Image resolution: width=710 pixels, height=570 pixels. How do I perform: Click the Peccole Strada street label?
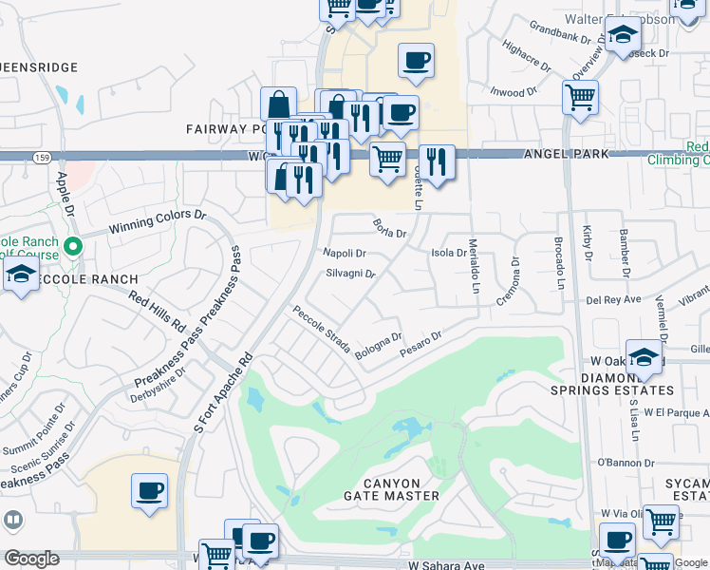(322, 329)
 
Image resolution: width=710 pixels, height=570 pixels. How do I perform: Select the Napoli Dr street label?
(345, 254)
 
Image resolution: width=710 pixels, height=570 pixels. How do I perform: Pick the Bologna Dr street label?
(379, 345)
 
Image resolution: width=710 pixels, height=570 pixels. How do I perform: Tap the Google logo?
(31, 559)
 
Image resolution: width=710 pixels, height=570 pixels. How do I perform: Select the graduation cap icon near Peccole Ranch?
(19, 276)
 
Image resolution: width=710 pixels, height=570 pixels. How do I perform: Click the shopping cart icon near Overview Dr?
(580, 95)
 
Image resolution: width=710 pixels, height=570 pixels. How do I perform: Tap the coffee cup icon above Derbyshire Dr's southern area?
(149, 490)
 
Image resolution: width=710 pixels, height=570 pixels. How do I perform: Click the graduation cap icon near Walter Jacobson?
(623, 35)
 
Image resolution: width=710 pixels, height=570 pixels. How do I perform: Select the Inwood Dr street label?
(513, 93)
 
